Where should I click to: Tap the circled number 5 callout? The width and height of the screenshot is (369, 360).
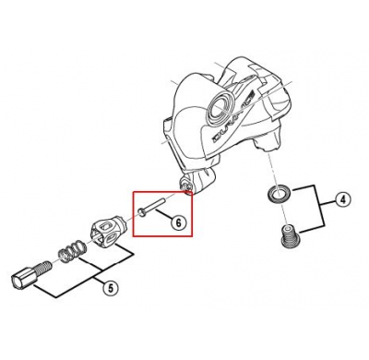pyautogui.click(x=109, y=287)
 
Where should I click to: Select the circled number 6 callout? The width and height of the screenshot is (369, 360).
pyautogui.click(x=179, y=222)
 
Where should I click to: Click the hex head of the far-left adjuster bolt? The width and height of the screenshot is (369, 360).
pyautogui.click(x=21, y=277)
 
